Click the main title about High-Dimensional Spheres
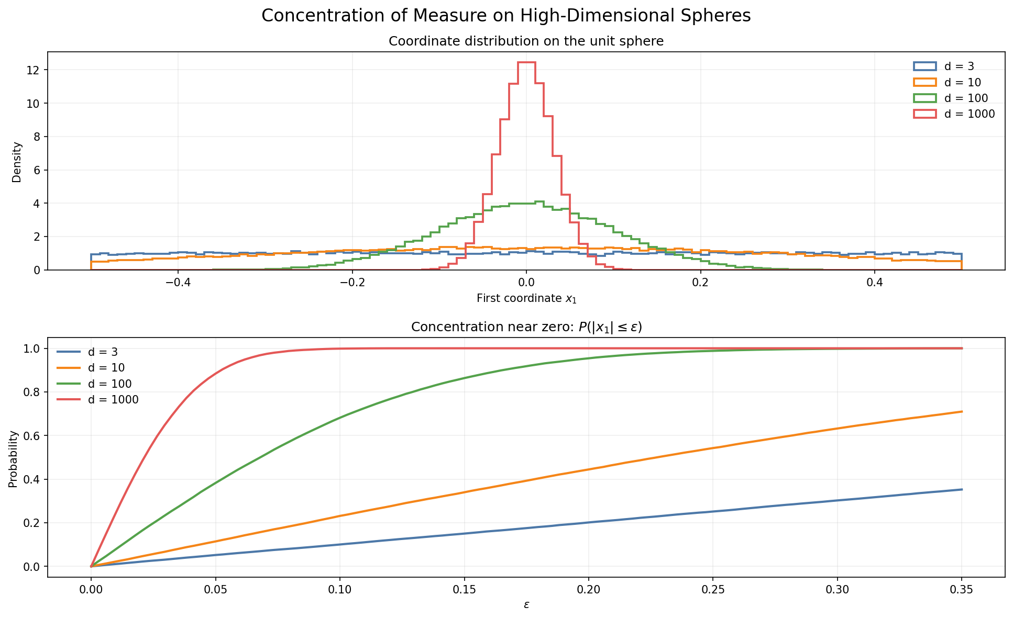(x=506, y=16)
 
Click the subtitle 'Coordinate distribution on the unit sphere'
(x=526, y=41)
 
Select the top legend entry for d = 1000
(x=954, y=114)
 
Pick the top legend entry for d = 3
(x=943, y=66)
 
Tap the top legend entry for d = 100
(x=951, y=98)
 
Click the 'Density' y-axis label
(x=17, y=162)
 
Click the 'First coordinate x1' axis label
(x=526, y=299)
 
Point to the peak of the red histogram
(x=526, y=62)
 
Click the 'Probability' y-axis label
(x=13, y=459)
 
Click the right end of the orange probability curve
(x=962, y=412)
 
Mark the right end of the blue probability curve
(x=962, y=490)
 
